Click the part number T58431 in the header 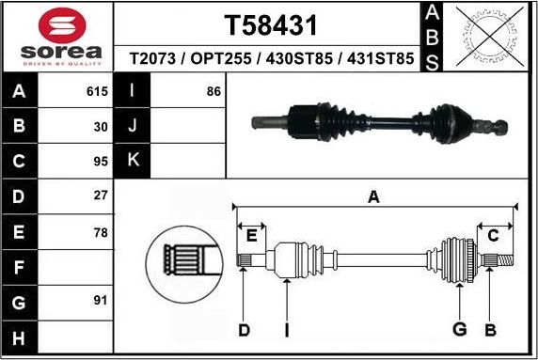click(x=271, y=24)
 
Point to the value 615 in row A click(x=97, y=92)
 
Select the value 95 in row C click(x=101, y=161)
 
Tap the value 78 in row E click(x=101, y=231)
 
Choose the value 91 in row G click(x=101, y=301)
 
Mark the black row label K click(x=133, y=161)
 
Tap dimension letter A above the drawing click(x=373, y=197)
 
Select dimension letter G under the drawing click(x=460, y=329)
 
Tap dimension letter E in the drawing click(x=250, y=235)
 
